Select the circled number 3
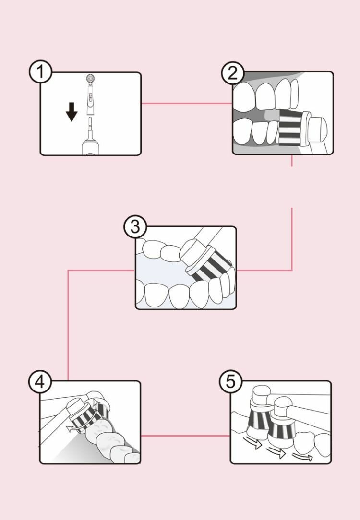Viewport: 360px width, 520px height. click(x=135, y=227)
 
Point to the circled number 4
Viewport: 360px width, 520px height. click(x=39, y=382)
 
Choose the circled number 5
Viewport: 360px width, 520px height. click(x=231, y=382)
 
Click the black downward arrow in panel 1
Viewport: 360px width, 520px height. click(x=72, y=113)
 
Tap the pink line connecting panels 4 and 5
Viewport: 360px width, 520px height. click(x=185, y=436)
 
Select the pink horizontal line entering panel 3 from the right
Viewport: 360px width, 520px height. click(x=264, y=270)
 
